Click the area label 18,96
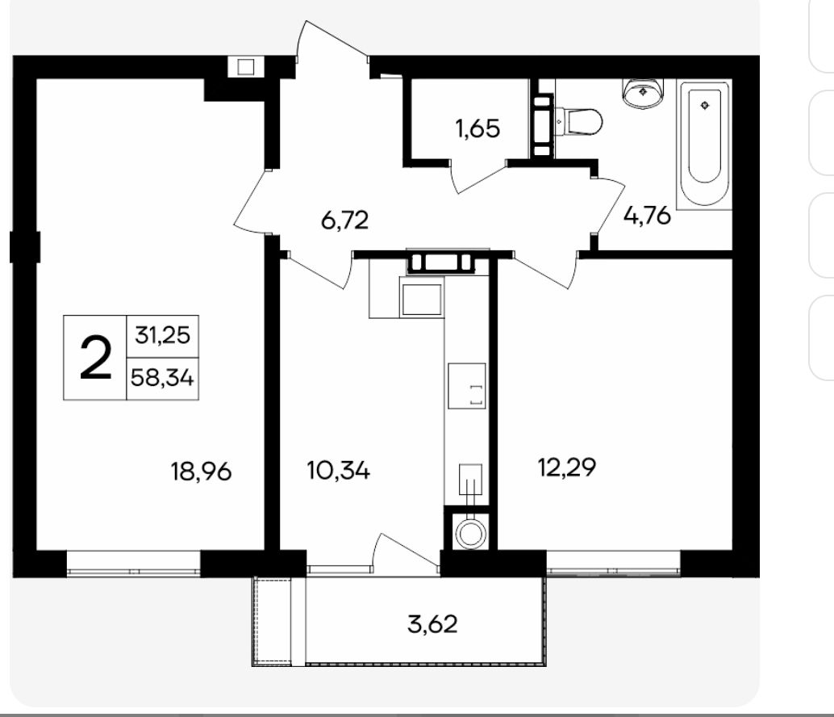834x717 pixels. coord(201,472)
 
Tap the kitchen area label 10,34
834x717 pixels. coord(338,471)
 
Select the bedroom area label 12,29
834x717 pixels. coord(567,468)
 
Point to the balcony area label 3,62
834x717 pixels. coord(432,624)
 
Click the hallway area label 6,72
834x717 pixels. coord(344,220)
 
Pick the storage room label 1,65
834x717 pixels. coord(477,128)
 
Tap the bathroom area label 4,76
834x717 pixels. coord(648,216)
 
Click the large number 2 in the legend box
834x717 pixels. coord(96,358)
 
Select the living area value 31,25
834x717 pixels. coord(162,335)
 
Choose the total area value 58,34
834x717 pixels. coord(162,378)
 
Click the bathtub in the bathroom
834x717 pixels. coord(704,145)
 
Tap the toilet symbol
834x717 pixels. coord(578,122)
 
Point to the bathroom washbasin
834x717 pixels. coord(643,93)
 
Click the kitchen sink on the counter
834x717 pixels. coord(466,386)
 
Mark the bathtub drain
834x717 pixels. coord(705,105)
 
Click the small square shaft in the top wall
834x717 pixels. coord(246,67)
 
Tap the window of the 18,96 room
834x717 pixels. coord(134,564)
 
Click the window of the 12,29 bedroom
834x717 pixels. coord(614,564)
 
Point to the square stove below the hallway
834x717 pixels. coord(422,300)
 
